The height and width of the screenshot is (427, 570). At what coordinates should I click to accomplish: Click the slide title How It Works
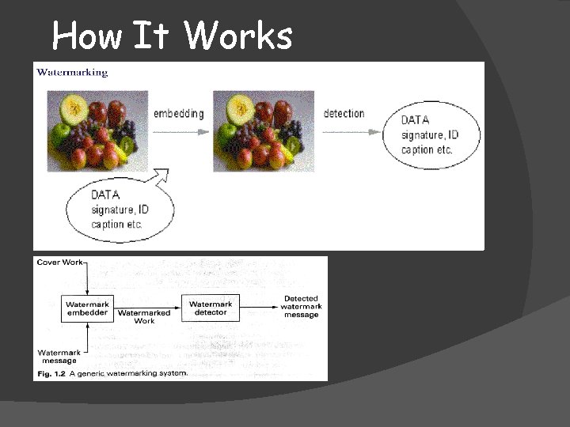(172, 36)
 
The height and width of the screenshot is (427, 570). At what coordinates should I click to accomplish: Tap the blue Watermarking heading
(72, 72)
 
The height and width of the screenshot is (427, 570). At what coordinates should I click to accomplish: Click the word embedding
(178, 113)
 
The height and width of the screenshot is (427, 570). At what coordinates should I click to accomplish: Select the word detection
(344, 113)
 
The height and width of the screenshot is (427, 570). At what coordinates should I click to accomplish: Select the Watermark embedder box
(87, 308)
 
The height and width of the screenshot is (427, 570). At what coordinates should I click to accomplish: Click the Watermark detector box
(211, 308)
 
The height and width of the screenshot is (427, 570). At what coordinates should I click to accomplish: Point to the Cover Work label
(59, 263)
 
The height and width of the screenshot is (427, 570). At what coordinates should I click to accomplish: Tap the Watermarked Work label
(144, 316)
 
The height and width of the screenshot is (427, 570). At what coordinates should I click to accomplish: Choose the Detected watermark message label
(301, 307)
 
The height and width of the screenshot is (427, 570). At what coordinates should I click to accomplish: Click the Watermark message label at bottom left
(59, 356)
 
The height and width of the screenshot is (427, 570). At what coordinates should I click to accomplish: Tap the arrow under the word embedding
(178, 131)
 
